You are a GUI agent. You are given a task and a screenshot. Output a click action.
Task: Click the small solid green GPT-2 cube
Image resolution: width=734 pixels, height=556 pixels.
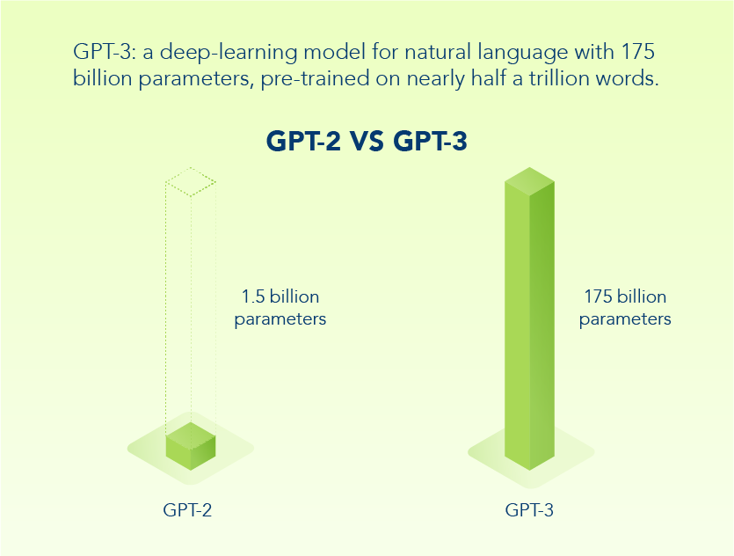(x=191, y=446)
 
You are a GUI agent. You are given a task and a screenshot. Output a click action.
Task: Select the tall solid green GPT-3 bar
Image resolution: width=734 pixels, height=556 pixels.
(x=529, y=318)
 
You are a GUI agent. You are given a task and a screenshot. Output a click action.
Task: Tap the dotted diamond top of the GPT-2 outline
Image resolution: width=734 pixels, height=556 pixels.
(x=191, y=182)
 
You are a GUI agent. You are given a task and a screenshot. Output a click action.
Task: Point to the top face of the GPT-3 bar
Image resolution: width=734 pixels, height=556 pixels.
(x=529, y=181)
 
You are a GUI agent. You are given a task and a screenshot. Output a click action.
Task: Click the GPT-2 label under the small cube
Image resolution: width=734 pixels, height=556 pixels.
(x=187, y=509)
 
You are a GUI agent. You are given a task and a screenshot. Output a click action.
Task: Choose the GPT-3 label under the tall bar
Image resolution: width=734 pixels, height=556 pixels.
(x=529, y=509)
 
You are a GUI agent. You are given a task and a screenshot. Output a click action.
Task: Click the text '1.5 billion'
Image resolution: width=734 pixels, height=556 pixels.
(x=280, y=296)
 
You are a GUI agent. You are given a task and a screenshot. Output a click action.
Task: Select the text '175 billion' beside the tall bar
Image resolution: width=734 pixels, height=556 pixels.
(x=625, y=296)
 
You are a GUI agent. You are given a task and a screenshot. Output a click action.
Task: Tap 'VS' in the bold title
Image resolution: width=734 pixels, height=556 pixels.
(x=367, y=141)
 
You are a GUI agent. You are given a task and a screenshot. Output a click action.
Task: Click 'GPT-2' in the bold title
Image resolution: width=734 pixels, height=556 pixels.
(x=304, y=141)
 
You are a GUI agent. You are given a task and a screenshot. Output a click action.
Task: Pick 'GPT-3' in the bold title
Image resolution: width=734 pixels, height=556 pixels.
(x=430, y=141)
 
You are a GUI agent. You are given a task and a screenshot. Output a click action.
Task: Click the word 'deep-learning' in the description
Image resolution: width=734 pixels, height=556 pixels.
(x=229, y=52)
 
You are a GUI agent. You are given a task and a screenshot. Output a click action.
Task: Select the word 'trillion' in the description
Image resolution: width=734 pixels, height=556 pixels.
(x=559, y=77)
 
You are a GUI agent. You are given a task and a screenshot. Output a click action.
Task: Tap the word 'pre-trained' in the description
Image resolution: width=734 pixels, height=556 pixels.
(x=315, y=79)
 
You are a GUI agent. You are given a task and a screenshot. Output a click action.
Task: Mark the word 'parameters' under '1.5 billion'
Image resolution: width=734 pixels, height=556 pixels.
(x=280, y=320)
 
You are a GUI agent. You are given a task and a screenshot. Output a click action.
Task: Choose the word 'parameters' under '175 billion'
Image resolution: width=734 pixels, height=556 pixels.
(x=625, y=320)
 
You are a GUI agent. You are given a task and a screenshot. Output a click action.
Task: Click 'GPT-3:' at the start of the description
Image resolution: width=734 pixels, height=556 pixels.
(x=105, y=51)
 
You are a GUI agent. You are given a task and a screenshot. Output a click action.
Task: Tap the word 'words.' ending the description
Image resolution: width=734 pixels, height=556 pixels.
(x=627, y=77)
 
